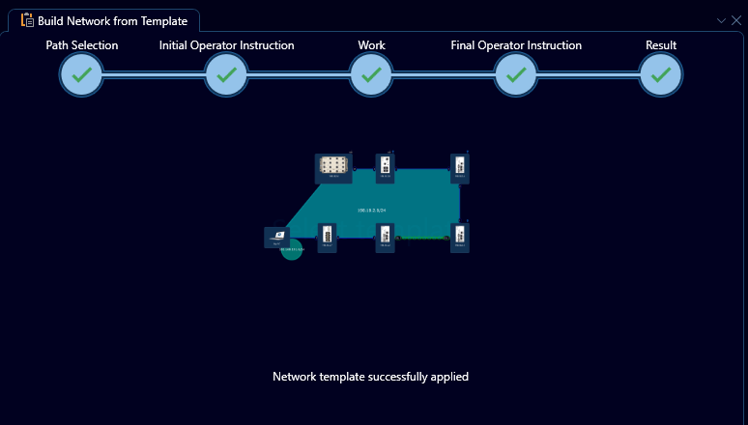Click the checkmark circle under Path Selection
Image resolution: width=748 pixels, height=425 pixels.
[82, 74]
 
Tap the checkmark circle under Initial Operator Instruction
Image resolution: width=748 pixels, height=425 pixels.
[226, 74]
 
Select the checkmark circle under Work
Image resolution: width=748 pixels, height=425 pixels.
[371, 74]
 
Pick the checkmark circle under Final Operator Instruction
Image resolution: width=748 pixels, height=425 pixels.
[516, 74]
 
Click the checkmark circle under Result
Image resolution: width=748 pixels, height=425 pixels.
[661, 74]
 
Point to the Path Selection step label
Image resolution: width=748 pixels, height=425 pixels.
[82, 45]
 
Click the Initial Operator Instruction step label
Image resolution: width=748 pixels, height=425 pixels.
[226, 45]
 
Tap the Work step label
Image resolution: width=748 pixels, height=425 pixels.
[371, 45]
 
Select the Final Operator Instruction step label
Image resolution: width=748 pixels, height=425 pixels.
[516, 45]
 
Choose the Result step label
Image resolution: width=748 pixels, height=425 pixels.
[661, 45]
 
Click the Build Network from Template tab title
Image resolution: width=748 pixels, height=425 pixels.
[112, 20]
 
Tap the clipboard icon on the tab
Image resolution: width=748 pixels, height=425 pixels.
[27, 19]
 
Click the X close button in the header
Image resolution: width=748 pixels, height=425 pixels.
[736, 20]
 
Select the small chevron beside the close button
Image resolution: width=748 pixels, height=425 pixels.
[721, 20]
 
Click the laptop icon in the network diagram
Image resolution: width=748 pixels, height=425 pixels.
[277, 237]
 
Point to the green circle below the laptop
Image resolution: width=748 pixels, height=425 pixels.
[292, 250]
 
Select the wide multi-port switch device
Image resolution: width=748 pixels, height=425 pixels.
[333, 166]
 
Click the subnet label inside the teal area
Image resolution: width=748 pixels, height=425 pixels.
[371, 210]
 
